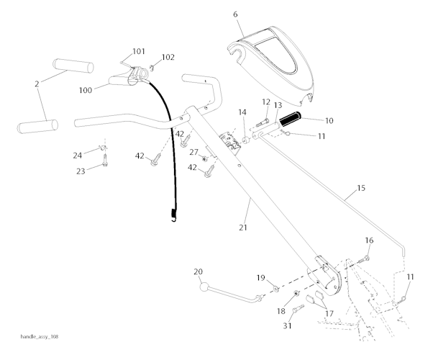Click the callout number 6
coord(235,14)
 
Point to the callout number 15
coord(360,189)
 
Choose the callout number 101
coord(138,52)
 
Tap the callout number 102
coord(167,57)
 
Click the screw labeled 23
coord(105,163)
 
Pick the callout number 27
coord(193,152)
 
